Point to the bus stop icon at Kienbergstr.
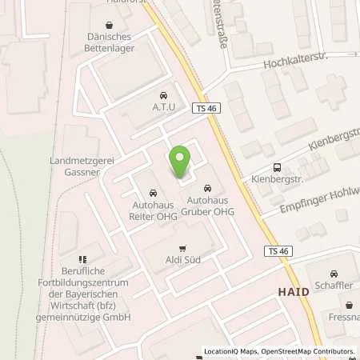point(277,167)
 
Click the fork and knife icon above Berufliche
point(82,259)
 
